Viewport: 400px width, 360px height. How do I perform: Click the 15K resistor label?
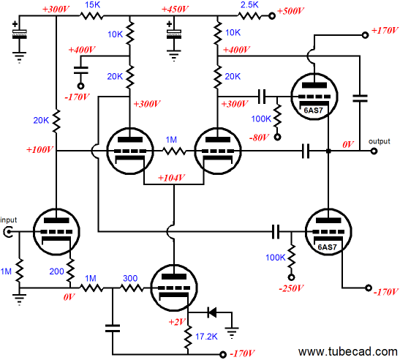[92, 5]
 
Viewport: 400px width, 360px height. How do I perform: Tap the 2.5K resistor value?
[249, 4]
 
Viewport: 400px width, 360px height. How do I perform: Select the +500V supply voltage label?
[290, 11]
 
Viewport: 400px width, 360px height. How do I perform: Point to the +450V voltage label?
[175, 10]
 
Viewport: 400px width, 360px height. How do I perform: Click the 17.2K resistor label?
[206, 337]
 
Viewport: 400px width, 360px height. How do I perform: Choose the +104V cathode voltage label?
[171, 178]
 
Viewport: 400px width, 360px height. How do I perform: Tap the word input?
[9, 220]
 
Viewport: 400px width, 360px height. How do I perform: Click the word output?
[380, 141]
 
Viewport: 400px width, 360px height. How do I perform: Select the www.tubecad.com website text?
[347, 351]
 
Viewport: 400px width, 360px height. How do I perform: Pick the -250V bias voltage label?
[291, 288]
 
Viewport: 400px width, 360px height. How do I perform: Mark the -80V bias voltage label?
[259, 138]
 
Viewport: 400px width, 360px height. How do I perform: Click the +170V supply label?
[385, 31]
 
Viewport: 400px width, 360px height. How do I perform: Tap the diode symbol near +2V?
[212, 312]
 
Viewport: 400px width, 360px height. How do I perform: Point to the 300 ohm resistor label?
[130, 278]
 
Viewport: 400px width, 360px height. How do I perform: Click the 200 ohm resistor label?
[56, 271]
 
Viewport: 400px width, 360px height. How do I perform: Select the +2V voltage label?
[177, 322]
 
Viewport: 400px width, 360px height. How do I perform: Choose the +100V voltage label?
[39, 149]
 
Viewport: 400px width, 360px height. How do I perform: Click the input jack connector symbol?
[7, 232]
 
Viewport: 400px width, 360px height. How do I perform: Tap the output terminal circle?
[374, 151]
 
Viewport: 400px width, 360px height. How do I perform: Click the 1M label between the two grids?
[171, 140]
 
